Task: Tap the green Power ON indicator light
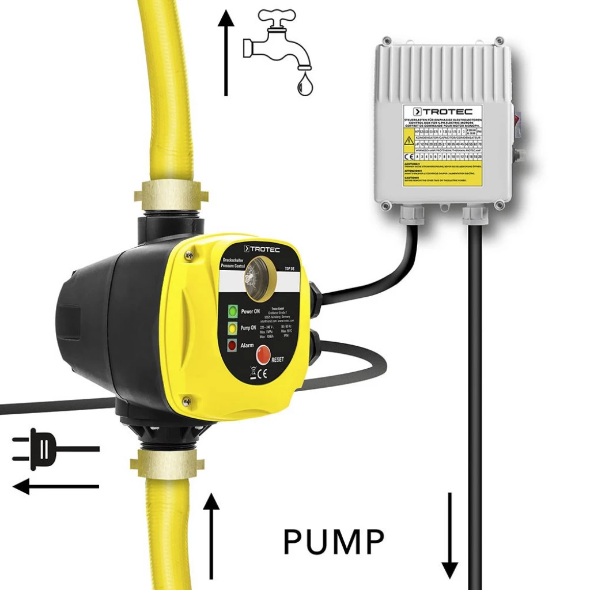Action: click(232, 312)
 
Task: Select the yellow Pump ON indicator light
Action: click(232, 329)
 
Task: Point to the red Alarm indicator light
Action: click(232, 346)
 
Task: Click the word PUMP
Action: click(334, 542)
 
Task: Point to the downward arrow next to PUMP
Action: click(450, 535)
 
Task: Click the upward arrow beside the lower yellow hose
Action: click(212, 535)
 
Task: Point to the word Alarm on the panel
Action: click(248, 345)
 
